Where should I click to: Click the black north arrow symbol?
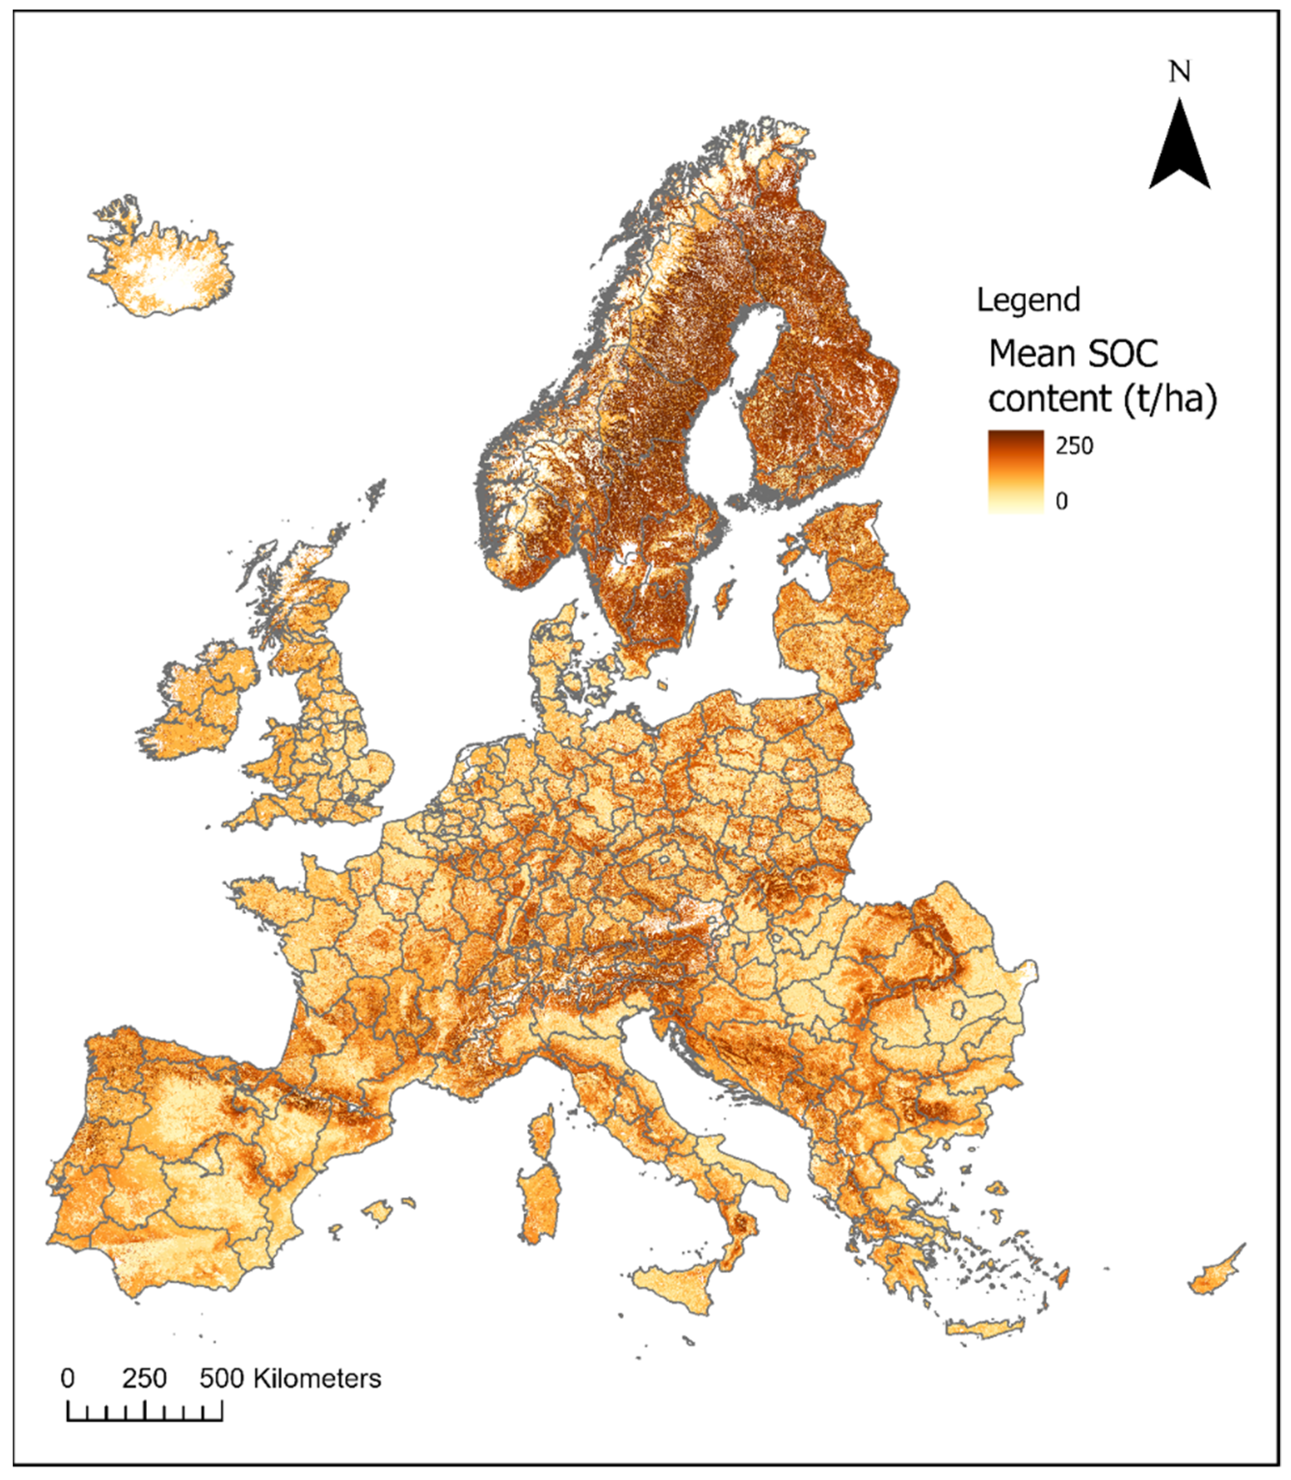point(1179,148)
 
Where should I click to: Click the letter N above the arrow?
point(1179,72)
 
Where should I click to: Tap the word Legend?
point(1028,300)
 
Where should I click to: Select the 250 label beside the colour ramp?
point(1074,446)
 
